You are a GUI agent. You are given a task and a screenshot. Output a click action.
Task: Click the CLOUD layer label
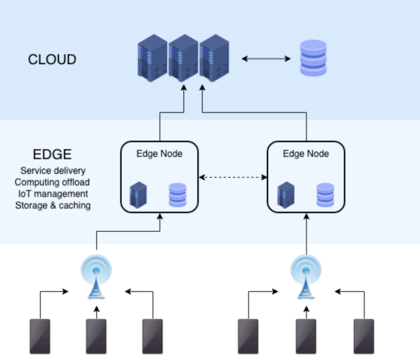click(52, 60)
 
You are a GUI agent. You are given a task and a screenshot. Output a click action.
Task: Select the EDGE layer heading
click(52, 155)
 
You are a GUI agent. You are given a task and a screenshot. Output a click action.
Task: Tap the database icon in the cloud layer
click(313, 58)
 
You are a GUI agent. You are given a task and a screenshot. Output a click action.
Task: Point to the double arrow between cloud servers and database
click(266, 59)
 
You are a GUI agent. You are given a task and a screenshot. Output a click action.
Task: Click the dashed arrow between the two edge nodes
click(233, 177)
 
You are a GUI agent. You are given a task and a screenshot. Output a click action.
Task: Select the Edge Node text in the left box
click(159, 154)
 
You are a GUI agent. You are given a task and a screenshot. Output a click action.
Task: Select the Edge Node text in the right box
click(306, 154)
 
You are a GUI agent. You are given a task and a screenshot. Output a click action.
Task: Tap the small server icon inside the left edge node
click(138, 195)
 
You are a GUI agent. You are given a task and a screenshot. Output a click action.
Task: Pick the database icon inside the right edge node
click(325, 195)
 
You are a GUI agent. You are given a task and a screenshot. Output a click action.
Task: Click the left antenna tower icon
click(96, 277)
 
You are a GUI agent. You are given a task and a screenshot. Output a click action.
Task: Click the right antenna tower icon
click(306, 277)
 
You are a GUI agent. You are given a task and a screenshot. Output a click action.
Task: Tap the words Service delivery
click(53, 170)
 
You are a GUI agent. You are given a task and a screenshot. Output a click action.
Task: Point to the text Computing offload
click(52, 182)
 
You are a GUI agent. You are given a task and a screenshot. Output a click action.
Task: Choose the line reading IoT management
click(53, 194)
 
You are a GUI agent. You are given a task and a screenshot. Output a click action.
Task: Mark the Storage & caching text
click(53, 205)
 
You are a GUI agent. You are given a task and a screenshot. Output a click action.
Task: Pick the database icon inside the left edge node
click(178, 195)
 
